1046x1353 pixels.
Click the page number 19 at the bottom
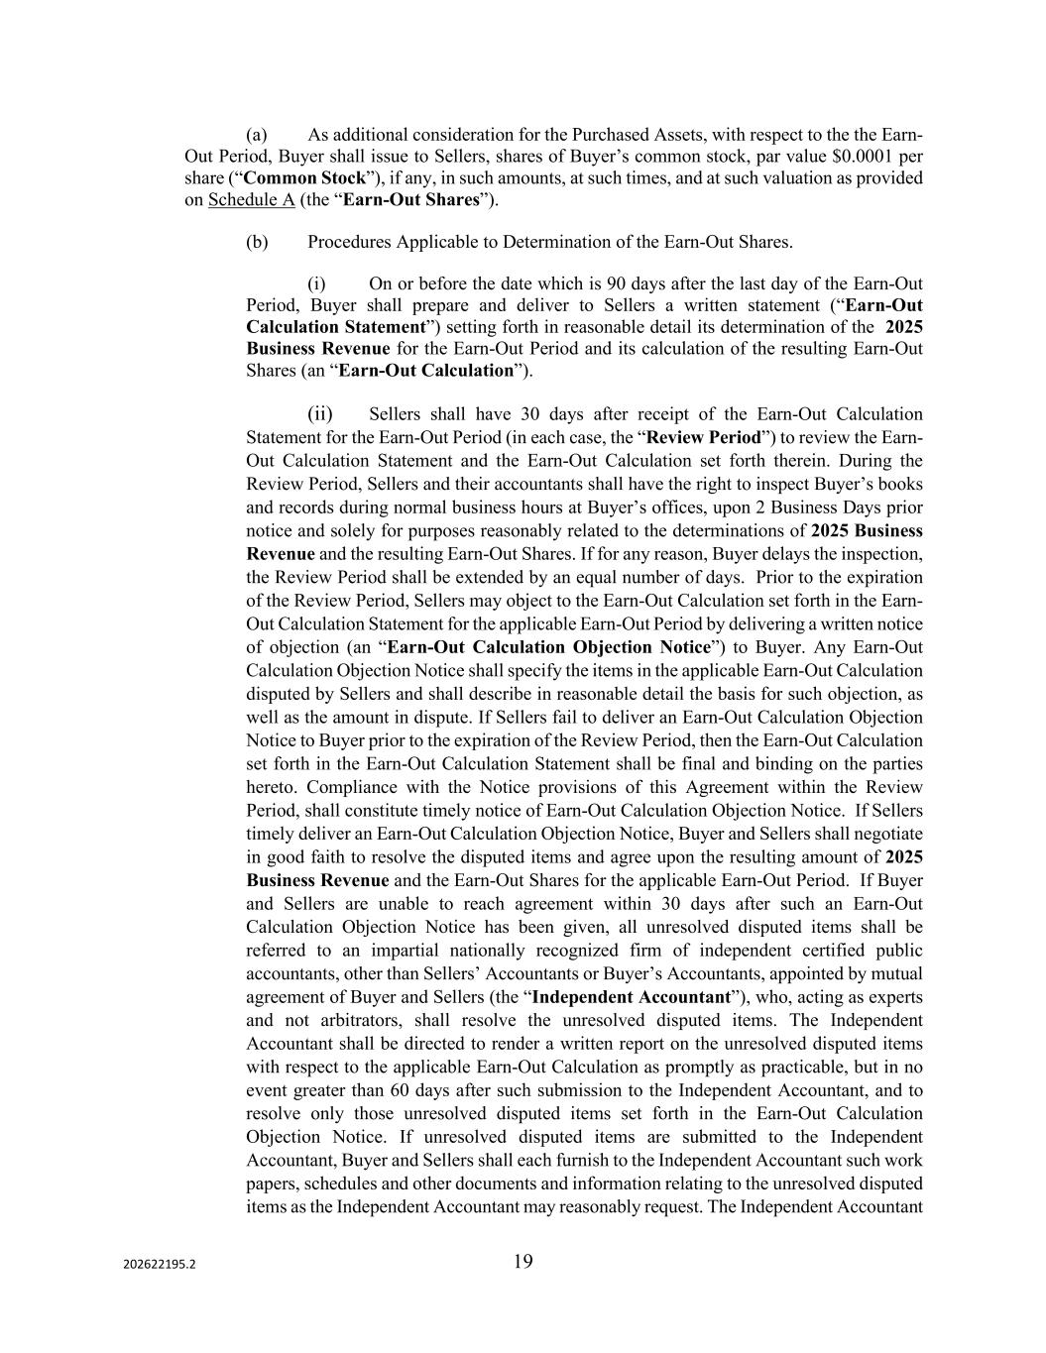pyautogui.click(x=523, y=1261)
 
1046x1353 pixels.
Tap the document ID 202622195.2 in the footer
pyautogui.click(x=160, y=1265)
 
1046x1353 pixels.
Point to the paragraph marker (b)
pyautogui.click(x=257, y=242)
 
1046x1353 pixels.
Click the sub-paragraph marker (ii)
pyautogui.click(x=319, y=413)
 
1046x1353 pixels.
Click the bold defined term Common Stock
pyautogui.click(x=291, y=178)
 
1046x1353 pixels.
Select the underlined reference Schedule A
pyautogui.click(x=251, y=200)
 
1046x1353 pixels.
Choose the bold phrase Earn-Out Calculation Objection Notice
pyautogui.click(x=548, y=647)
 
